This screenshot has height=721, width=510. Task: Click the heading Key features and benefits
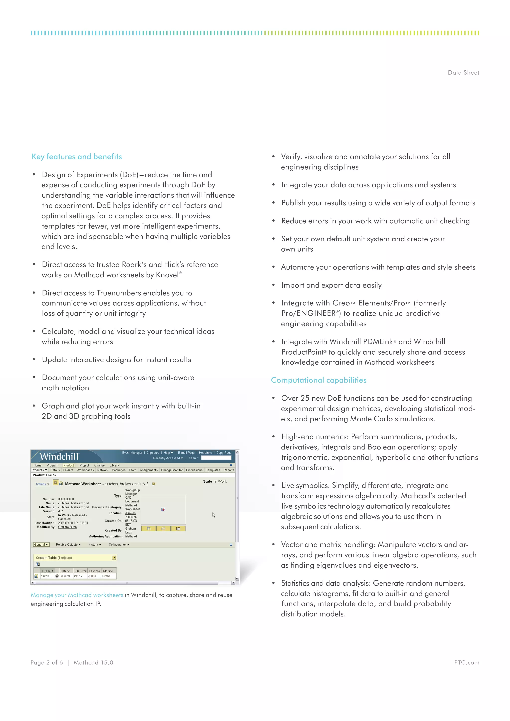(x=77, y=156)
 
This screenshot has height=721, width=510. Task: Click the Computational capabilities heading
(x=319, y=380)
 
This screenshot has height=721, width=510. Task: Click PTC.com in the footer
(x=466, y=662)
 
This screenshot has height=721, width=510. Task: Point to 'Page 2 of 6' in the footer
(x=47, y=662)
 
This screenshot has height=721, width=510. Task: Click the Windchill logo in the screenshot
(x=59, y=456)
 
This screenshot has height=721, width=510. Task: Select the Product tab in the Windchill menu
(x=68, y=465)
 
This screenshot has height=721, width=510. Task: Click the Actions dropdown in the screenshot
(x=42, y=484)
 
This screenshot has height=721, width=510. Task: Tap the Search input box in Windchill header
(x=216, y=458)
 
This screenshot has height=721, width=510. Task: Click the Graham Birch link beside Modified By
(x=67, y=527)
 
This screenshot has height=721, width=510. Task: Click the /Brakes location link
(x=130, y=513)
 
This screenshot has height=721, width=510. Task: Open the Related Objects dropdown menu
(x=68, y=545)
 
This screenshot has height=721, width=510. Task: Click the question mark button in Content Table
(x=114, y=558)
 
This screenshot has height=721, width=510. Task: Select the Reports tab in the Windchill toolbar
(x=229, y=470)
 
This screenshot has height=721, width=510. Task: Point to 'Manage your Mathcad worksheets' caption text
(x=77, y=595)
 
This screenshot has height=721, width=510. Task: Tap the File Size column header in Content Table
(x=80, y=571)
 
